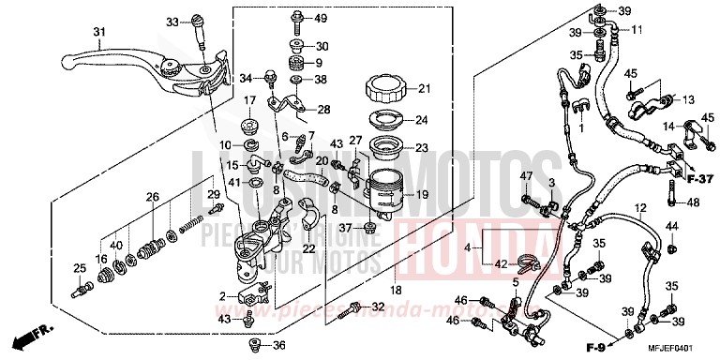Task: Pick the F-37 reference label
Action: tap(697, 178)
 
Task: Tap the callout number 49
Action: tap(321, 19)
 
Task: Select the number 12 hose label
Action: tap(640, 208)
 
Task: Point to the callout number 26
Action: tap(152, 197)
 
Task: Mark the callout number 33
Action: tap(172, 21)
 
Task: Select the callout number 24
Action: tap(421, 120)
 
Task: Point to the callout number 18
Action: tap(397, 292)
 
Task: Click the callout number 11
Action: tap(637, 31)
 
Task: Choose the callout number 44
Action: tap(672, 228)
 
